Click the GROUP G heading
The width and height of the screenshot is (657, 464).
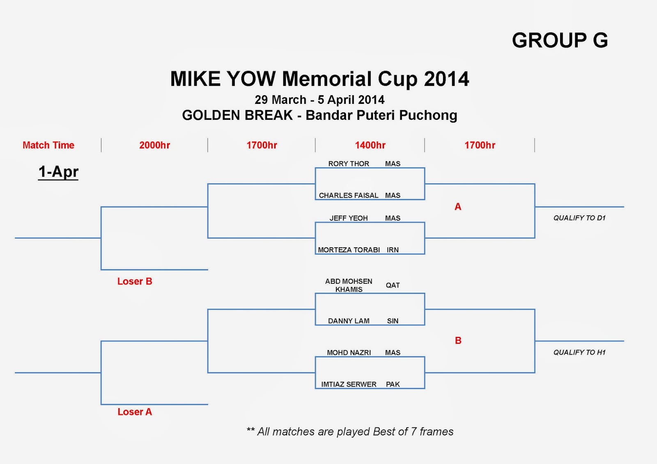[x=560, y=40]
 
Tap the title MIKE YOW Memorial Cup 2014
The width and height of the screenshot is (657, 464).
[x=319, y=79]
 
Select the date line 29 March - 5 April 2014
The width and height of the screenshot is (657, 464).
[x=319, y=100]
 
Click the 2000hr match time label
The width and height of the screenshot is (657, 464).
[x=154, y=145]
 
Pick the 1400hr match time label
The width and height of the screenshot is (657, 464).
[x=370, y=145]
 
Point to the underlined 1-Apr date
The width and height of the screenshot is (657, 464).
[x=58, y=172]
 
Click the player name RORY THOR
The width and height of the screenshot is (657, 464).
[x=349, y=163]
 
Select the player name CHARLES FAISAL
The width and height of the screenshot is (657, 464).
[x=348, y=195]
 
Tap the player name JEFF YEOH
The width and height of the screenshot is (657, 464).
[x=349, y=218]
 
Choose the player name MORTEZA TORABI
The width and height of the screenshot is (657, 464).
[x=349, y=250]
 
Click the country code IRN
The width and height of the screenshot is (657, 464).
[x=393, y=250]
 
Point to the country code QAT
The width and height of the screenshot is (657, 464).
[x=393, y=285]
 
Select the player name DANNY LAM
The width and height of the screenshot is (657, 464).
[x=349, y=321]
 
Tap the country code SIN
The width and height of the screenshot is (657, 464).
[x=393, y=321]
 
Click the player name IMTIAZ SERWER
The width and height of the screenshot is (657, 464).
[x=349, y=384]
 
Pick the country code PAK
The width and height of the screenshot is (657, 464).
[x=393, y=384]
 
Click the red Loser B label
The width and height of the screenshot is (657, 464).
[x=135, y=281]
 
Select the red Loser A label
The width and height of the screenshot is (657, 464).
[x=135, y=412]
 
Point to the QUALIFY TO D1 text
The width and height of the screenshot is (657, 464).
[x=579, y=218]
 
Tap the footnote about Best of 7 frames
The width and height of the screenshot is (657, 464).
[x=350, y=432]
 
